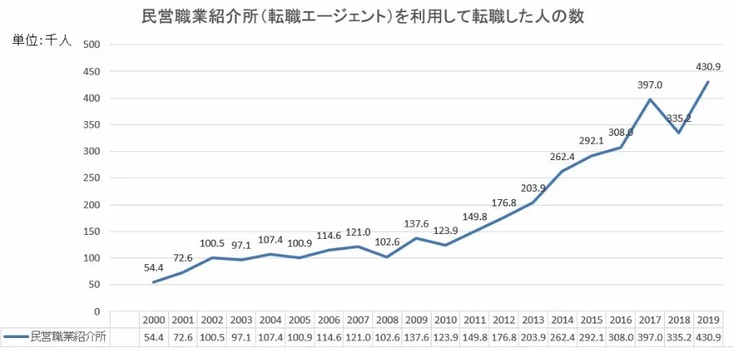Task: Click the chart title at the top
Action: point(363,15)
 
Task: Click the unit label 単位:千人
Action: point(41,41)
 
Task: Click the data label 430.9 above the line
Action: point(709,67)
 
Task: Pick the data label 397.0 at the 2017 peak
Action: point(651,85)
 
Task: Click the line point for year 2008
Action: point(386,257)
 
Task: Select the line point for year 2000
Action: point(153,282)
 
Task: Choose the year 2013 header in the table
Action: point(533,319)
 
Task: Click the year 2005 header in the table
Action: point(301,319)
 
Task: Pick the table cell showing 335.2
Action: point(679,336)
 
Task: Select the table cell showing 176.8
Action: point(504,336)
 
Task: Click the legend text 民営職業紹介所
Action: point(68,336)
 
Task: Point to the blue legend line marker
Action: point(15,336)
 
